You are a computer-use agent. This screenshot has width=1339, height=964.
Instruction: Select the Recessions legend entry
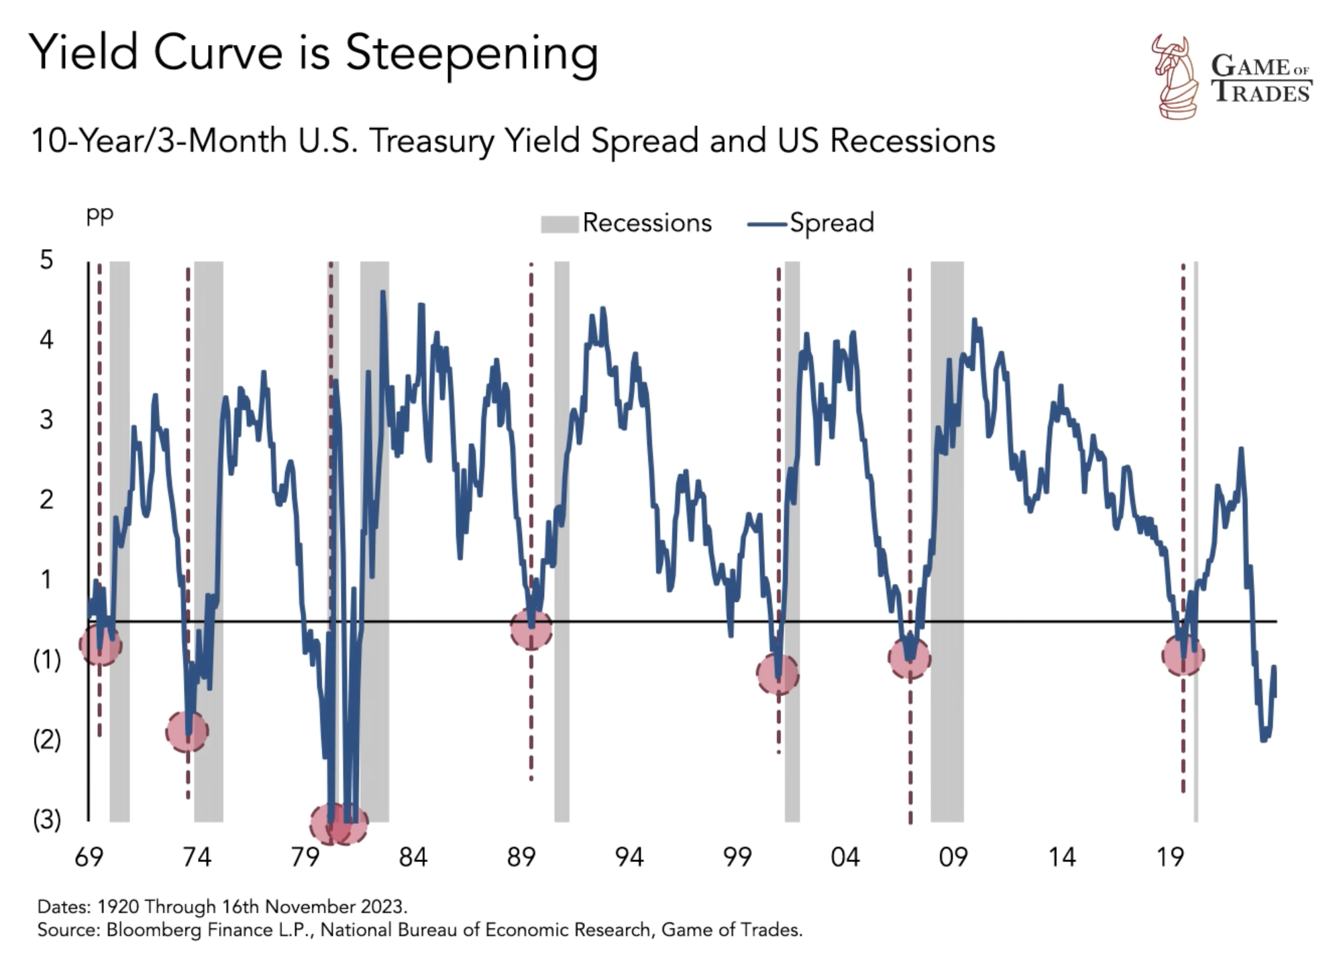[x=626, y=223]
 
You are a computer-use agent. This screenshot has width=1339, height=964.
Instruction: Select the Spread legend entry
[x=811, y=223]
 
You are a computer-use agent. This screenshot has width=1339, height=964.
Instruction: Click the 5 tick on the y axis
[x=46, y=259]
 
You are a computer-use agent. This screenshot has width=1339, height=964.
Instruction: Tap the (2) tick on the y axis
[x=46, y=739]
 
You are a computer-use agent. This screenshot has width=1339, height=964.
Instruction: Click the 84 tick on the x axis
[x=413, y=857]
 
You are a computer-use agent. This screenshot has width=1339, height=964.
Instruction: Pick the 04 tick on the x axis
[x=845, y=857]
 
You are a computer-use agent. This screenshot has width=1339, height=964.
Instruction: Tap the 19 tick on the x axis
[x=1170, y=857]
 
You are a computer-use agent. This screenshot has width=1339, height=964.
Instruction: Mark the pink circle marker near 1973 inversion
[x=187, y=731]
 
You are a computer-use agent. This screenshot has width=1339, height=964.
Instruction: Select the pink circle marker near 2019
[x=1183, y=655]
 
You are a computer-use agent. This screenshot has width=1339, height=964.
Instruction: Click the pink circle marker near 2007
[x=910, y=659]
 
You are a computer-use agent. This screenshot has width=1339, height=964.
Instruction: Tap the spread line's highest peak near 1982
[x=382, y=293]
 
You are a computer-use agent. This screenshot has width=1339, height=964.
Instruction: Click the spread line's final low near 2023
[x=1264, y=739]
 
